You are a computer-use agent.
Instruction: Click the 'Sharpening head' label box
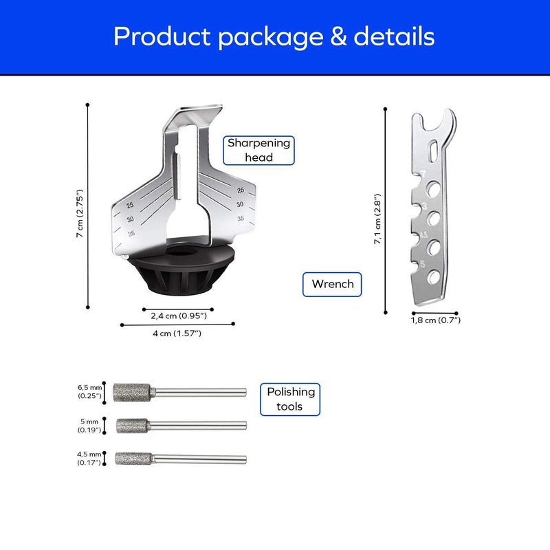click(x=259, y=151)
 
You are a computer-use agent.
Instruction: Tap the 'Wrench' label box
click(x=332, y=284)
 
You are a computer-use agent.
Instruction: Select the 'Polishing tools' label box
click(x=290, y=399)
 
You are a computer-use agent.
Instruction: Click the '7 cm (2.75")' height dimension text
click(x=80, y=213)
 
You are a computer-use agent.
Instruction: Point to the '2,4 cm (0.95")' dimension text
click(x=179, y=316)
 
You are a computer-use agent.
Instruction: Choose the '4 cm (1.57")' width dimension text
click(x=177, y=333)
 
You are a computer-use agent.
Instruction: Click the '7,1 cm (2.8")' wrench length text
click(x=377, y=219)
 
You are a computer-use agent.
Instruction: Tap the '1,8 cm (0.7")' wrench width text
click(x=436, y=320)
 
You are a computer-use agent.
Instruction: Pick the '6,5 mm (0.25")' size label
click(x=90, y=392)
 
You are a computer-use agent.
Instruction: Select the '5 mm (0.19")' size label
click(x=89, y=426)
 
